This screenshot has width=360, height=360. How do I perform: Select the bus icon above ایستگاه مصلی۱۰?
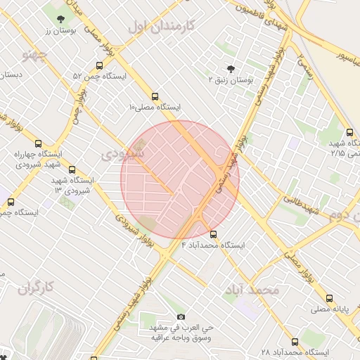point(155,97)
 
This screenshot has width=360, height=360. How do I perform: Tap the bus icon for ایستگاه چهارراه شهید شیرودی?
point(38,142)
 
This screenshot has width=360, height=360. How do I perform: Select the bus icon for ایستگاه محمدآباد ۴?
point(214,235)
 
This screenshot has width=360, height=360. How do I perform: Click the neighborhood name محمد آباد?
point(252,290)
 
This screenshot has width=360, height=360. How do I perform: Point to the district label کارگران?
point(37,287)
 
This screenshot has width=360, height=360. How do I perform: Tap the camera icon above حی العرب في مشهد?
point(181,317)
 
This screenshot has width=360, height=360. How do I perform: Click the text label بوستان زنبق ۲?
point(236,81)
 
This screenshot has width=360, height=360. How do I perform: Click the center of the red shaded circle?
point(180,180)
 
